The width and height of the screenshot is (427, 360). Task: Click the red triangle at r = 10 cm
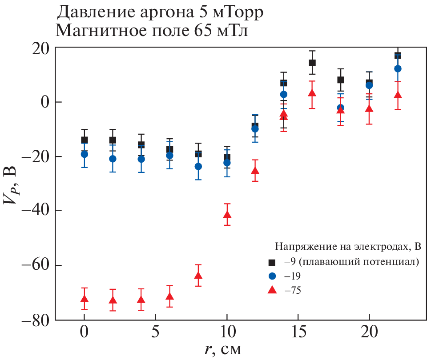click(x=227, y=215)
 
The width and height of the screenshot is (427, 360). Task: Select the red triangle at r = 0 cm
click(x=84, y=299)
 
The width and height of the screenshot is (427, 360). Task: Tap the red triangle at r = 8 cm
click(x=198, y=276)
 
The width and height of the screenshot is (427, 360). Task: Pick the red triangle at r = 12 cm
click(x=255, y=170)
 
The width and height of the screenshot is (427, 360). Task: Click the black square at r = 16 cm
click(x=312, y=63)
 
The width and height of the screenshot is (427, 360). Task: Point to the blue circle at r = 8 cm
click(x=198, y=167)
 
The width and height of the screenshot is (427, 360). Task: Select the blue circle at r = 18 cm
click(x=341, y=108)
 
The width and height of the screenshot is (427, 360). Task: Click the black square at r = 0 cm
click(x=84, y=140)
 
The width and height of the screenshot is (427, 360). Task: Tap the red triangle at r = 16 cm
click(x=312, y=93)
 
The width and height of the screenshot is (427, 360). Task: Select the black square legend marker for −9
click(x=271, y=261)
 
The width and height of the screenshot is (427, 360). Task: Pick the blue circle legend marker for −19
click(x=271, y=276)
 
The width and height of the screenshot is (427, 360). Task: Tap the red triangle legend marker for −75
click(x=271, y=290)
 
